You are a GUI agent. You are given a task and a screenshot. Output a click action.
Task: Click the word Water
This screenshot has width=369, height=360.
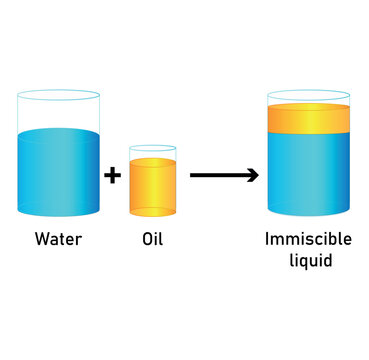click(58, 240)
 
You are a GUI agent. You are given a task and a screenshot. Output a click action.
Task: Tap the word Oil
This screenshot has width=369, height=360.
click(152, 240)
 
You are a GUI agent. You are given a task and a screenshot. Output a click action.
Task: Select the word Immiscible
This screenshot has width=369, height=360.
click(307, 240)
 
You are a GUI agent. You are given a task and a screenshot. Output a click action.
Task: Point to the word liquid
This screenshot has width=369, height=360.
click(307, 261)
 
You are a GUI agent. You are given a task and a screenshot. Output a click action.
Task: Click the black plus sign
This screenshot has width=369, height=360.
click(113, 176)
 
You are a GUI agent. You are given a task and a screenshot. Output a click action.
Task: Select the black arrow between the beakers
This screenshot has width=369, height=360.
click(222, 176)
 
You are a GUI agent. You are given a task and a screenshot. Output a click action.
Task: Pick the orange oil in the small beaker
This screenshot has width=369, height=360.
click(152, 187)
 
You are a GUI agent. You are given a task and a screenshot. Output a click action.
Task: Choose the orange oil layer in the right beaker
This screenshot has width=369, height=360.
click(308, 119)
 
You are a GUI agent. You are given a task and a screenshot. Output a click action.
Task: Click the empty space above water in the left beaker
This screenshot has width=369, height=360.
click(58, 113)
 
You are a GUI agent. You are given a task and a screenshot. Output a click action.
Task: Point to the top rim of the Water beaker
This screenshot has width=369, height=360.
click(58, 95)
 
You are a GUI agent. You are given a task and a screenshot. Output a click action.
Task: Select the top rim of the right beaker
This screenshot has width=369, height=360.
click(308, 94)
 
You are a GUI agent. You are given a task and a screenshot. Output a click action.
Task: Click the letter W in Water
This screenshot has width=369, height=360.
click(42, 240)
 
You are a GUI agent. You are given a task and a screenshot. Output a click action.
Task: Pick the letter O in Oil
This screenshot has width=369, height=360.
click(146, 240)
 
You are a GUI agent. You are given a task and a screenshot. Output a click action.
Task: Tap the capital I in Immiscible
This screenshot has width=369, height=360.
click(267, 240)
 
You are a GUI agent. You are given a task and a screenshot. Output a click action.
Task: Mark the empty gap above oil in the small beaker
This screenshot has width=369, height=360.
click(152, 154)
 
